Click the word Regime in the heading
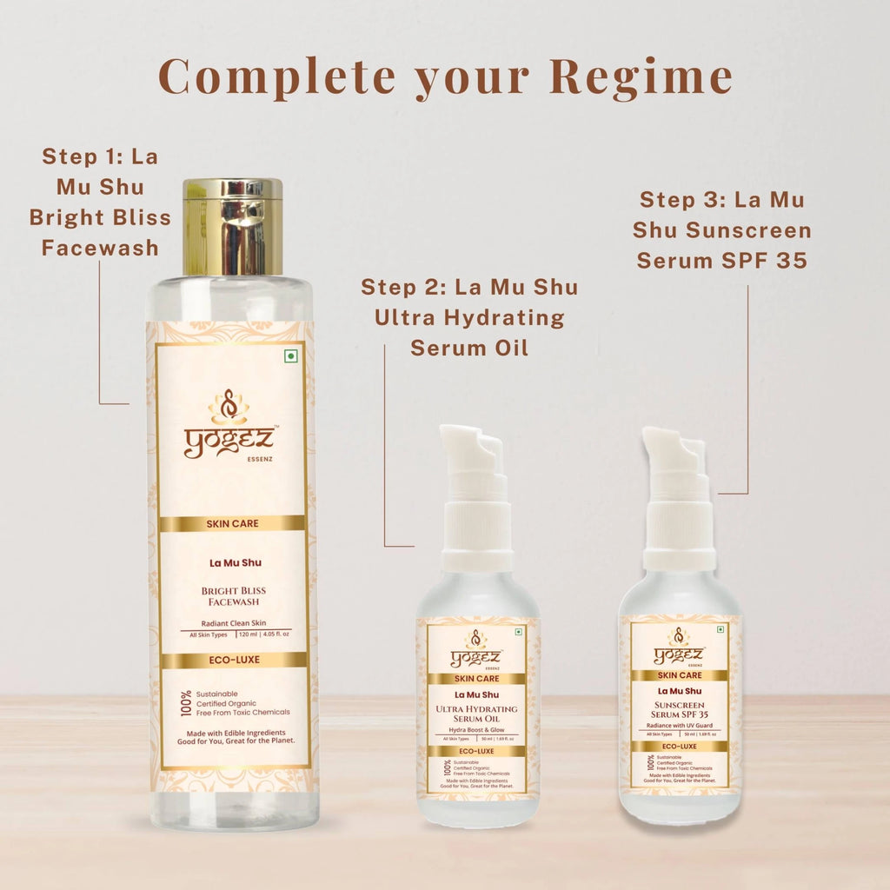click(x=642, y=77)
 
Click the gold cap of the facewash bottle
click(x=232, y=226)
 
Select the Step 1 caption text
click(x=100, y=203)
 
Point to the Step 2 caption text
click(x=469, y=317)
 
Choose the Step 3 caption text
click(x=723, y=229)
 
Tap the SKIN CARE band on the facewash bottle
click(x=232, y=524)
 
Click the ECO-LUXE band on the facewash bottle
click(x=232, y=660)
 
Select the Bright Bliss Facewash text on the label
click(x=232, y=595)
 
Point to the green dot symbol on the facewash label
click(x=290, y=357)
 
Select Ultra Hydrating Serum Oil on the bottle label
click(x=476, y=714)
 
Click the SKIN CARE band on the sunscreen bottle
click(x=680, y=674)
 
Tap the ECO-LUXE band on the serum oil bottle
click(x=476, y=751)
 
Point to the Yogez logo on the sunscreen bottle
click(x=680, y=651)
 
